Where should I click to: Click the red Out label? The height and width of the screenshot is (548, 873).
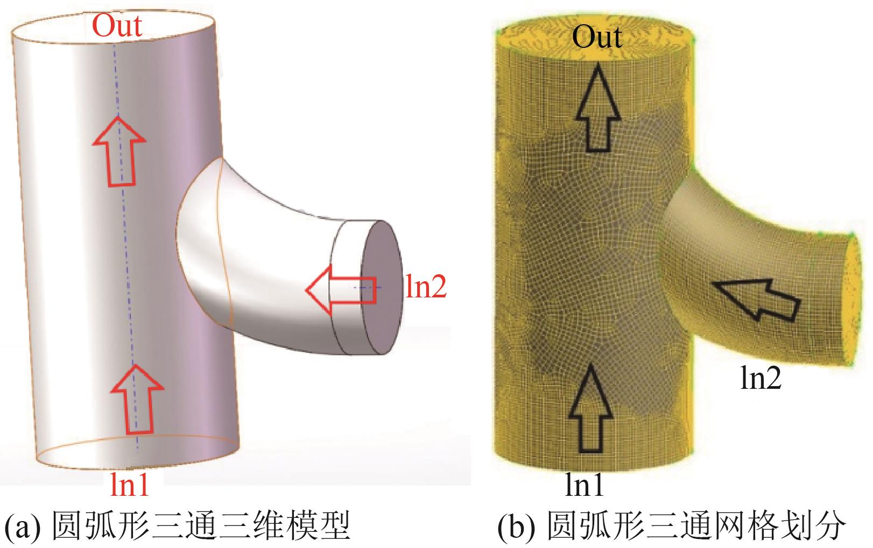point(117,26)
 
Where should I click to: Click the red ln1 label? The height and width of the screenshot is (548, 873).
point(129,483)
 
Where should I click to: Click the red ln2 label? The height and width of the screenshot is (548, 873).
point(425,287)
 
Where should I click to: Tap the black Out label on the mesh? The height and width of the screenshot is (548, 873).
point(596,37)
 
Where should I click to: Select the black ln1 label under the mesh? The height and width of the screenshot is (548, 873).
point(585,484)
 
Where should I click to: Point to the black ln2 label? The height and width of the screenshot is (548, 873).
point(761,379)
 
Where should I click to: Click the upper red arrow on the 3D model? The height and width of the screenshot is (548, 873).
point(119,151)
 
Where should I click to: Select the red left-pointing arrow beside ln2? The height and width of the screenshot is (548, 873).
point(339,290)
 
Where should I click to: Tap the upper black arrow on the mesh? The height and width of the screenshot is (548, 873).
point(598,108)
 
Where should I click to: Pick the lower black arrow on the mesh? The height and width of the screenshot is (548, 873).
point(590,409)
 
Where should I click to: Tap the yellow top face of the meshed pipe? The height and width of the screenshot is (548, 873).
point(595,32)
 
